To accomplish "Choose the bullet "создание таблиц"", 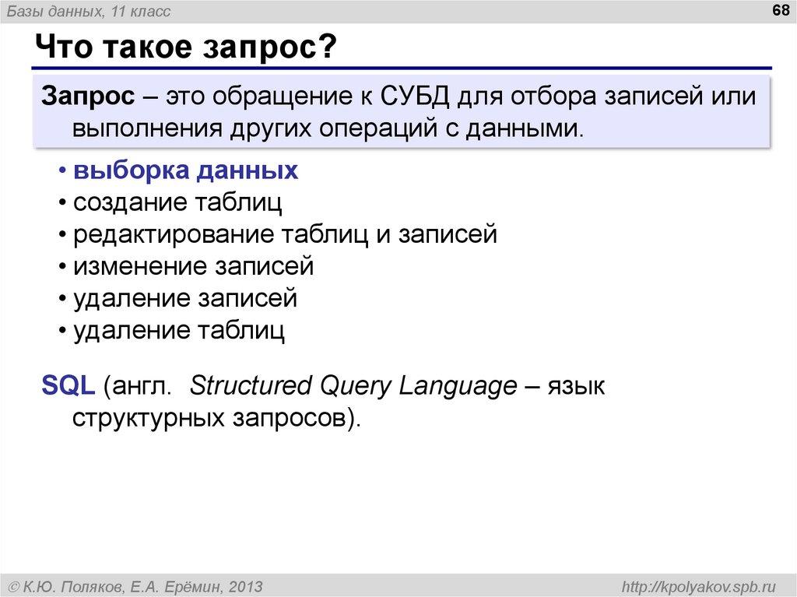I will [178, 202].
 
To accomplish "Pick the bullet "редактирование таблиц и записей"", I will [285, 234].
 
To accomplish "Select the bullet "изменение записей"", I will [194, 266].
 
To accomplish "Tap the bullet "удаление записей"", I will [185, 298].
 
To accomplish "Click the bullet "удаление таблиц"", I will [179, 330].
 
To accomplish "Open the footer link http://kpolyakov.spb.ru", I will [695, 585].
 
